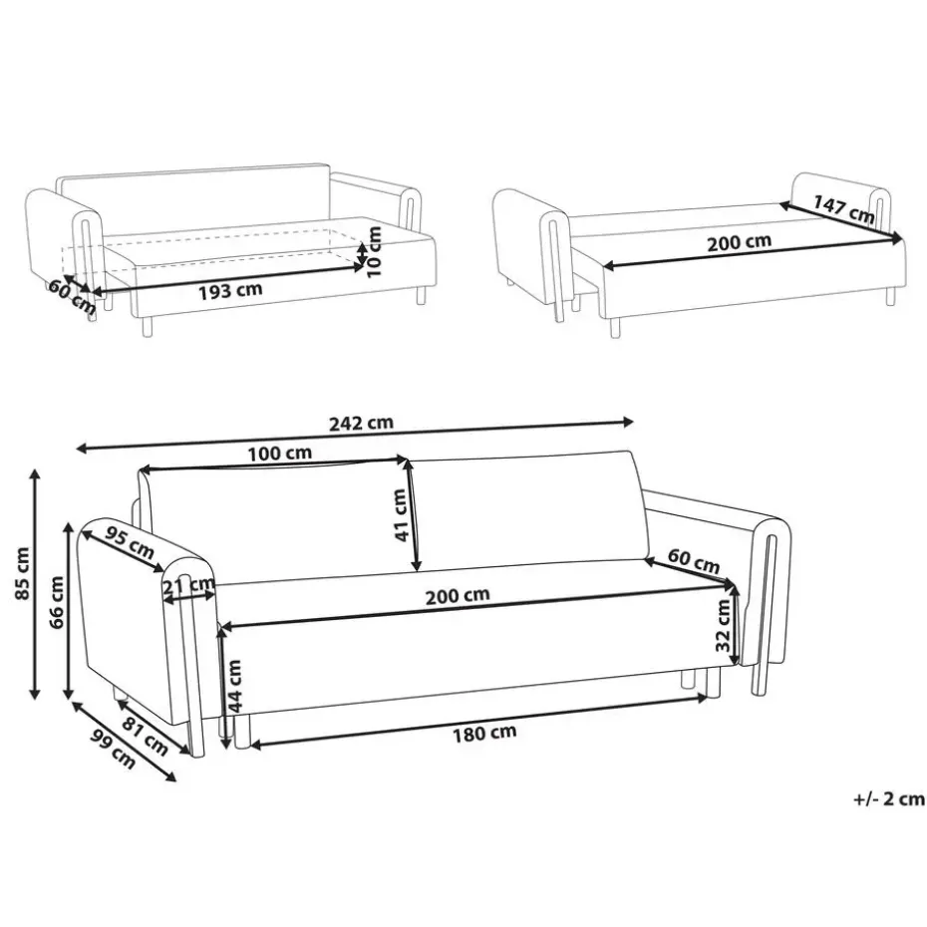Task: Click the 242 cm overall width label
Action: click(361, 424)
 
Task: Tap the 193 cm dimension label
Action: click(230, 290)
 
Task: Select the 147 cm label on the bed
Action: click(844, 209)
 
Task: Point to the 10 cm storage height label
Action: click(374, 252)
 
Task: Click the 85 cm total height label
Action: click(23, 573)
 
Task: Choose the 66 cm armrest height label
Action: click(56, 603)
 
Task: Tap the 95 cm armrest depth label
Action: click(130, 542)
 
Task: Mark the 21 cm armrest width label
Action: click(188, 586)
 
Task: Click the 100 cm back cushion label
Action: click(280, 455)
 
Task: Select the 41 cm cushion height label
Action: click(401, 515)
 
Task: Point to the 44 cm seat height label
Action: click(234, 687)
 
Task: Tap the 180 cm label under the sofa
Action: click(484, 734)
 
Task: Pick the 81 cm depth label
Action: click(146, 736)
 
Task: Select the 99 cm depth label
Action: click(113, 749)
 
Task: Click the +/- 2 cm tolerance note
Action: click(888, 799)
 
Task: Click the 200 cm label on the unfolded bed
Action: click(739, 242)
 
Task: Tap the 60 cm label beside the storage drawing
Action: click(72, 296)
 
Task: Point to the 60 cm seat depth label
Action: click(694, 561)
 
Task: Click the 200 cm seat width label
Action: click(458, 596)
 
